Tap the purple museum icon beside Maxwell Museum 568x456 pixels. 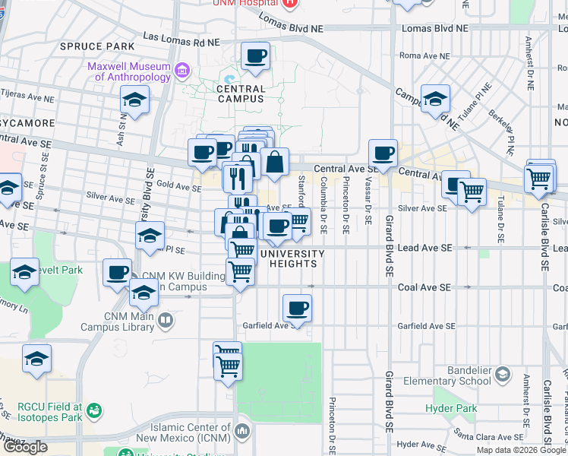[182, 72]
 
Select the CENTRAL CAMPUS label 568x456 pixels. [241, 93]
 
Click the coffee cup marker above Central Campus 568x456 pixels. [255, 55]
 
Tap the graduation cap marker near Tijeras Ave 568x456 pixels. [135, 100]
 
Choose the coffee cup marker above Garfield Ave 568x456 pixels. [297, 309]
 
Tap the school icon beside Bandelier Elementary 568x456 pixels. [502, 374]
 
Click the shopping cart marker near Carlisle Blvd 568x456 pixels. [539, 179]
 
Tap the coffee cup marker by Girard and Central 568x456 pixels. [383, 153]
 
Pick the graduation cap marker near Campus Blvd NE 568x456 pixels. [436, 99]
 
